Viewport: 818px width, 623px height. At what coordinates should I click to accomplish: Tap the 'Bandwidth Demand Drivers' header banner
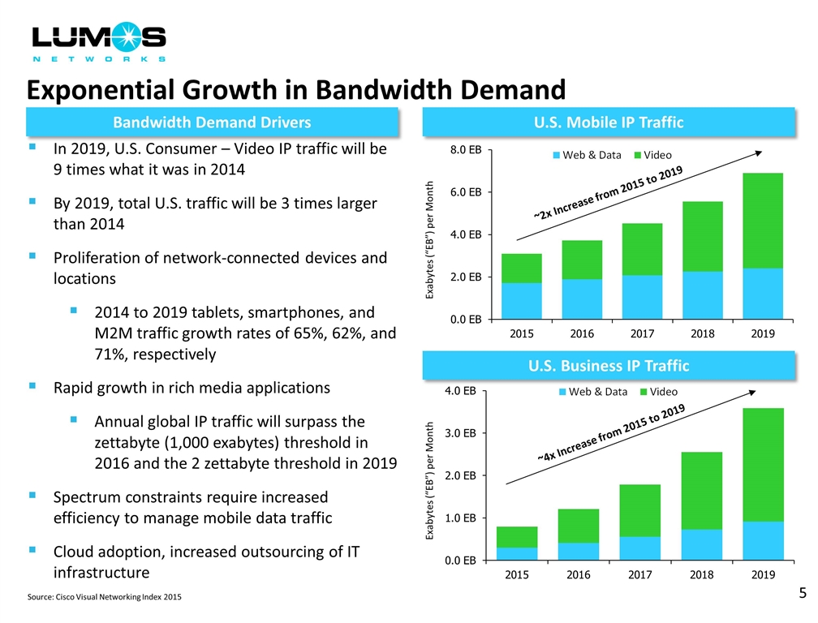tap(212, 122)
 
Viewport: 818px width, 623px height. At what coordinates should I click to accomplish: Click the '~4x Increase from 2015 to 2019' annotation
tap(610, 434)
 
